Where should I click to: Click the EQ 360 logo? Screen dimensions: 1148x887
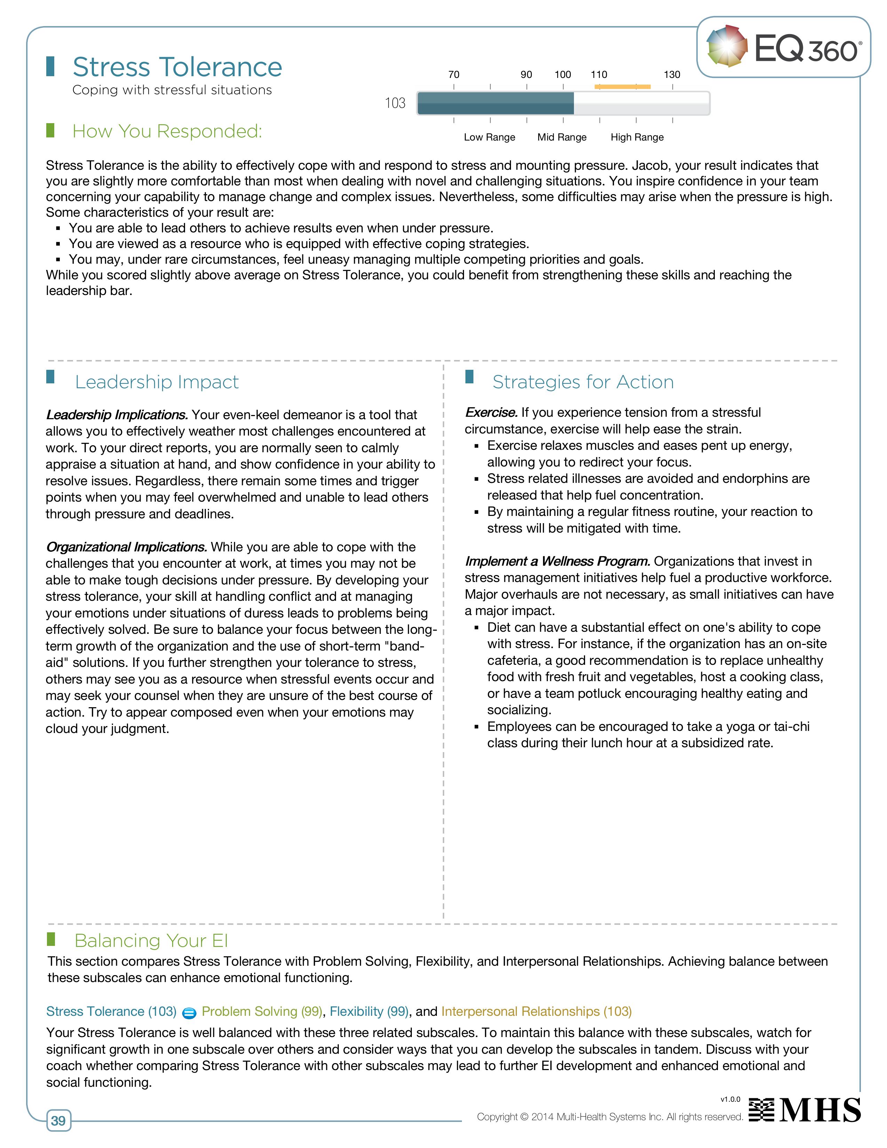[783, 47]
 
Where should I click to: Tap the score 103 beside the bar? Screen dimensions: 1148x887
[395, 103]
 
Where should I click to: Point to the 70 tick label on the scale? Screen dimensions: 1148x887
[454, 75]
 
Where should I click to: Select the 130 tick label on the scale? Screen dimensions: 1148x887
[672, 75]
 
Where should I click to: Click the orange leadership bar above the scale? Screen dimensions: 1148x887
[622, 87]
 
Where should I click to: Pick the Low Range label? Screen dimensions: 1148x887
[489, 137]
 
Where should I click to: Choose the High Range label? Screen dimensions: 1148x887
[637, 137]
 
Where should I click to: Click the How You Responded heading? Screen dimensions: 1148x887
[167, 131]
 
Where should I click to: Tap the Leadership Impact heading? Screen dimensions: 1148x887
[157, 382]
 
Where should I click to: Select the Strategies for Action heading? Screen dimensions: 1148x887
[583, 382]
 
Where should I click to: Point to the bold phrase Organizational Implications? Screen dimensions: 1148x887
[126, 547]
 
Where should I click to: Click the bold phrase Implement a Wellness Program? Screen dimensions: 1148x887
[558, 561]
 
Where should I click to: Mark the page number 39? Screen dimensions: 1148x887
[58, 1121]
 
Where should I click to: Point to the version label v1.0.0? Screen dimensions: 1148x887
[730, 1099]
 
